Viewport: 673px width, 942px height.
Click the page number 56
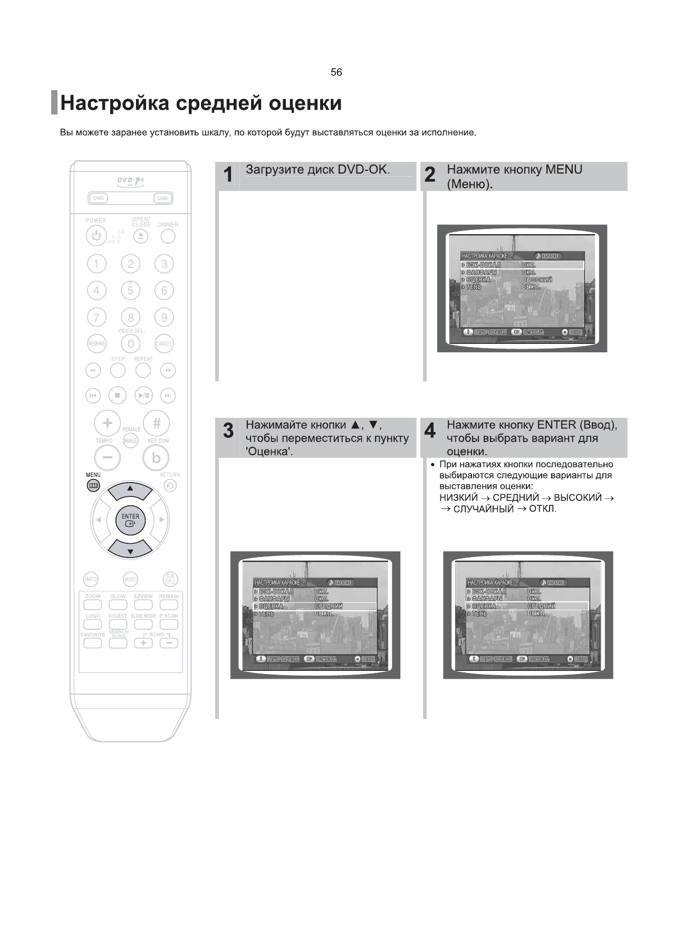(x=336, y=72)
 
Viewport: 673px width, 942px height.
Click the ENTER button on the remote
(x=130, y=520)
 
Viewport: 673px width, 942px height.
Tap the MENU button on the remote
(x=93, y=486)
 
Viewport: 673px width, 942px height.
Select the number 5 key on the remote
(x=130, y=290)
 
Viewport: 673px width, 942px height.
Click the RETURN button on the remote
(x=170, y=486)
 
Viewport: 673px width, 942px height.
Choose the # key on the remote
(x=157, y=423)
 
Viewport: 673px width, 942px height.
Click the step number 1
(x=228, y=175)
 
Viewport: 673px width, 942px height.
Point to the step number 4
(x=430, y=430)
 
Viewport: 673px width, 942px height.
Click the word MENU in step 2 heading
(x=564, y=170)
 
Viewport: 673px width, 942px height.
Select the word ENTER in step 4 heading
(x=556, y=425)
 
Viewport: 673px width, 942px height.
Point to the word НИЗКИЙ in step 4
(x=458, y=498)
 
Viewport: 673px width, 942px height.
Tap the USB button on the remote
(x=162, y=198)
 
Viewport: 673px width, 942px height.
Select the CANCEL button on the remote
(x=164, y=344)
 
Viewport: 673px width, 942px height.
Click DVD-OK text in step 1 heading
(x=363, y=170)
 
